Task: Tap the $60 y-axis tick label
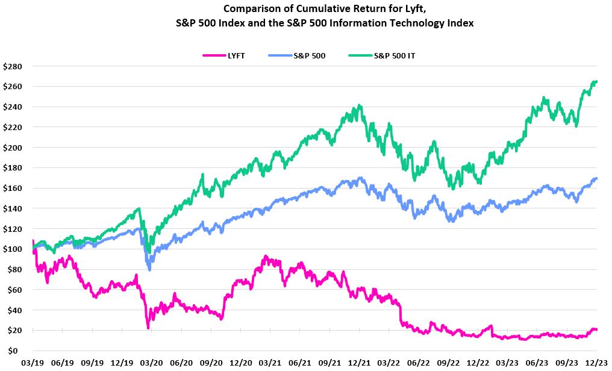tap(14, 290)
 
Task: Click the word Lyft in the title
tap(391, 9)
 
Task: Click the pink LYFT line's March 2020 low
tap(148, 328)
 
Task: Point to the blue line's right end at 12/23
tap(596, 178)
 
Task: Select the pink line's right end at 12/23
tap(596, 329)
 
